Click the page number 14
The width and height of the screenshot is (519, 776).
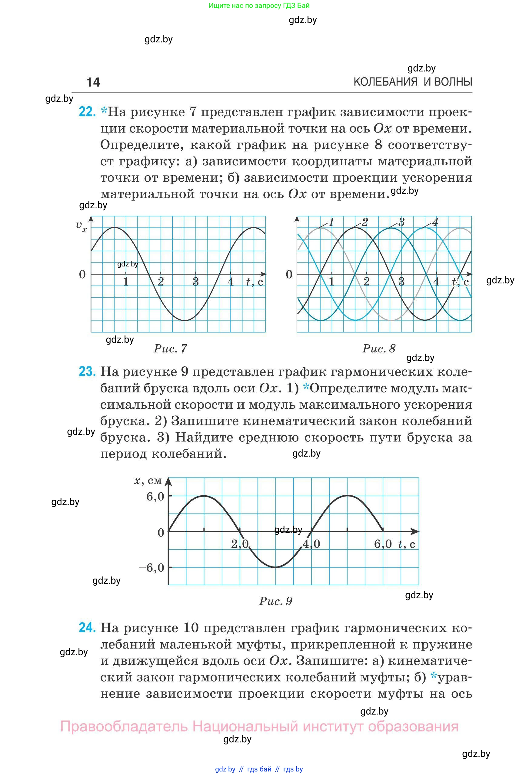[93, 82]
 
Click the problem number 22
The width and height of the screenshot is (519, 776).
[87, 112]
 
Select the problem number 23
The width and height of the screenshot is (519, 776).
[87, 371]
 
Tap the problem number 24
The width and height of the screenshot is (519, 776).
[87, 627]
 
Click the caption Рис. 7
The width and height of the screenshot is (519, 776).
[171, 348]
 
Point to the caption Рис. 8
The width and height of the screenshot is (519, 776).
[379, 348]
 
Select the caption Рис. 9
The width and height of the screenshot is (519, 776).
[275, 601]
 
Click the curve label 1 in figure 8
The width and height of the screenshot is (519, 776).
[331, 222]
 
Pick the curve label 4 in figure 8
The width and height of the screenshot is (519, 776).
[435, 222]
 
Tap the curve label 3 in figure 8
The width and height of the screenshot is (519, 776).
[401, 222]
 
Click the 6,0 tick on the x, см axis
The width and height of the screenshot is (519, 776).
[155, 496]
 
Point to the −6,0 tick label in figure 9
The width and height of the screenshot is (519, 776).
[152, 568]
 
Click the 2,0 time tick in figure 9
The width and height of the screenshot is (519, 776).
[240, 544]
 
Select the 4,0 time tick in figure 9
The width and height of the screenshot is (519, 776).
[311, 544]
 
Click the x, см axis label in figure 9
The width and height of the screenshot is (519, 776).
[148, 480]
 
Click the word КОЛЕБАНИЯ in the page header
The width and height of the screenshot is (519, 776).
[386, 82]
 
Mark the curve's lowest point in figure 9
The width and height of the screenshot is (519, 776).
[275, 567]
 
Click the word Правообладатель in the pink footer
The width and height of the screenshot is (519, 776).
[124, 727]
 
